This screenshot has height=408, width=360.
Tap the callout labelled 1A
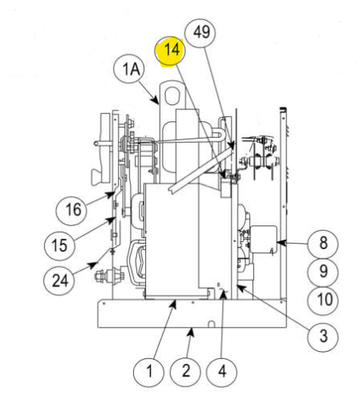pos(131,71)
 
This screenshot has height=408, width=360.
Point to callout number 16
pos(73,211)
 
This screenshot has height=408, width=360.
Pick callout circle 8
pos(323,242)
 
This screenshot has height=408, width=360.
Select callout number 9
pos(323,271)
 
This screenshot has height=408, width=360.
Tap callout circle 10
pos(323,300)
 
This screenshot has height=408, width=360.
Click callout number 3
pos(323,336)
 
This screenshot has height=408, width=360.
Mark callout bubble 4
pos(222,371)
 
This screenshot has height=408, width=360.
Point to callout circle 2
pos(185,371)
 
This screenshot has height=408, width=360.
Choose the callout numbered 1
pos(148,371)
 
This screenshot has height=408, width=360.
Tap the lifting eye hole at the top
pos(174,94)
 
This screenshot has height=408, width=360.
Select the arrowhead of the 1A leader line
pos(159,105)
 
